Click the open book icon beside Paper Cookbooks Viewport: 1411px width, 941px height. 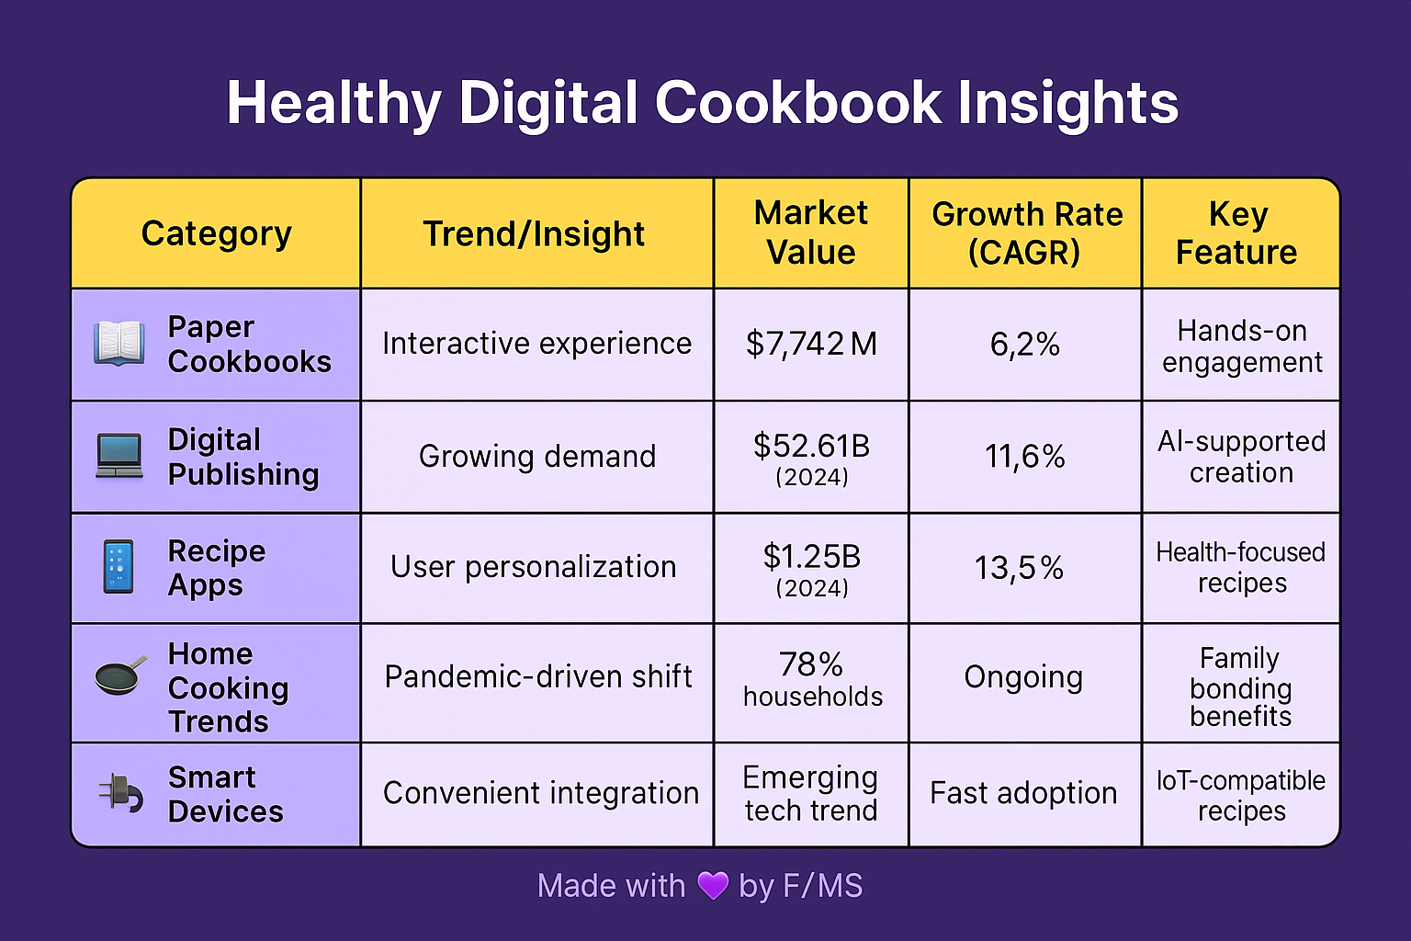pos(119,344)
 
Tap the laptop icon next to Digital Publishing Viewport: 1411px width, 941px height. pos(119,456)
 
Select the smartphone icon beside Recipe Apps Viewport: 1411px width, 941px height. pos(119,567)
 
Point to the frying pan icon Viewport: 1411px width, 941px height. pos(119,676)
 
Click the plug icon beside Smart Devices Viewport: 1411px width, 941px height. pos(120,793)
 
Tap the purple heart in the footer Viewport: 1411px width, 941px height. pos(713,886)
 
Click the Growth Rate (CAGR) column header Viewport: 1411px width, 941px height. pos(1026,233)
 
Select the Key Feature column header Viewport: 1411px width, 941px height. pos(1237,233)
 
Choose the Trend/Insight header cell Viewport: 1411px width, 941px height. pos(534,234)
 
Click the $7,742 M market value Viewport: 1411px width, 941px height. pos(811,344)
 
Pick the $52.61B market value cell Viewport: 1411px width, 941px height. pos(811,457)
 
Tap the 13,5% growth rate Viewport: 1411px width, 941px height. pos(1019,568)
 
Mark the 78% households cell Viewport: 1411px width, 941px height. pos(812,679)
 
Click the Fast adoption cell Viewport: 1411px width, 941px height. pos(1023,793)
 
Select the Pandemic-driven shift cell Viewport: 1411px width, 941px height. pos(537,677)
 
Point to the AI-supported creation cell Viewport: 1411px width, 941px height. pos(1241,457)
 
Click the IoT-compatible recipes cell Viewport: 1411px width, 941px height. pos(1241,795)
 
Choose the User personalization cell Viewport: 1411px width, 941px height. pos(533,567)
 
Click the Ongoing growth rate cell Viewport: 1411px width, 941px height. pos(1023,677)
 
